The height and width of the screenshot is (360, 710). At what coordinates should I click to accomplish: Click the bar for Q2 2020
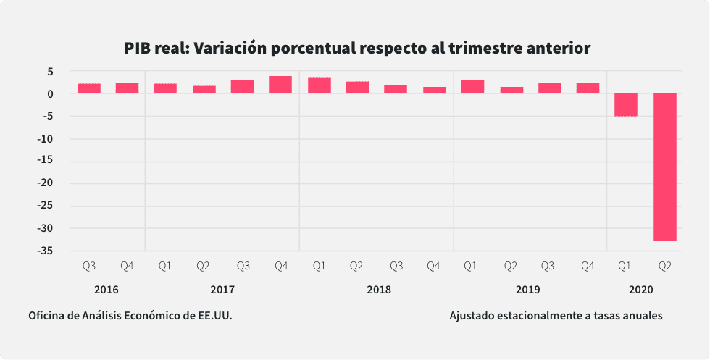click(664, 167)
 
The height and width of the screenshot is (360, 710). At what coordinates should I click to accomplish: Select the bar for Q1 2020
click(626, 105)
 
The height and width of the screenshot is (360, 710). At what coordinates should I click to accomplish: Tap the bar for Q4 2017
click(280, 85)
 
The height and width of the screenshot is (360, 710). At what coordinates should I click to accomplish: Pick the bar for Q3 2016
click(89, 88)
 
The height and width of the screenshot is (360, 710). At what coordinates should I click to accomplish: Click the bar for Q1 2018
click(319, 85)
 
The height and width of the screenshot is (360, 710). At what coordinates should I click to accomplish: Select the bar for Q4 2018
click(434, 90)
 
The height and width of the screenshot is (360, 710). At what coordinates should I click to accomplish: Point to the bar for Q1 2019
click(472, 87)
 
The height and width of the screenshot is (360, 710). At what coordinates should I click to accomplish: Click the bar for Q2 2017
click(204, 90)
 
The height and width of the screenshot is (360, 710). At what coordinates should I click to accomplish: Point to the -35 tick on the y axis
click(43, 251)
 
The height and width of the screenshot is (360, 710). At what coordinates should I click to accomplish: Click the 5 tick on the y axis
click(51, 72)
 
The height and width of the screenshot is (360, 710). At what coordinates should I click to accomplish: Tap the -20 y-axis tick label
click(43, 184)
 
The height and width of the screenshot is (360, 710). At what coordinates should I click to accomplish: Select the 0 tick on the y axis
click(51, 94)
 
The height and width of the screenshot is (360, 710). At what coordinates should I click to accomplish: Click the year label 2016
click(106, 290)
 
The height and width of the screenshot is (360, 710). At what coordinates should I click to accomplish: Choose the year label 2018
click(378, 290)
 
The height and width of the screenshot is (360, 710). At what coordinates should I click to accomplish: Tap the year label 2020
click(641, 290)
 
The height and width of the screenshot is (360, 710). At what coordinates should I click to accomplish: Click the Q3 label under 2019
click(549, 267)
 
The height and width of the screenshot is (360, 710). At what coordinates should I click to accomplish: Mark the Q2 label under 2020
click(664, 267)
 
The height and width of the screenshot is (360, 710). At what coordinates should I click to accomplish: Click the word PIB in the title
click(138, 49)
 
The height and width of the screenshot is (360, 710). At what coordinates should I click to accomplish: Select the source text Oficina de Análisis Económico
click(130, 316)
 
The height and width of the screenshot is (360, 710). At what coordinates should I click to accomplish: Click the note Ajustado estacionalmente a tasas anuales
click(556, 316)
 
